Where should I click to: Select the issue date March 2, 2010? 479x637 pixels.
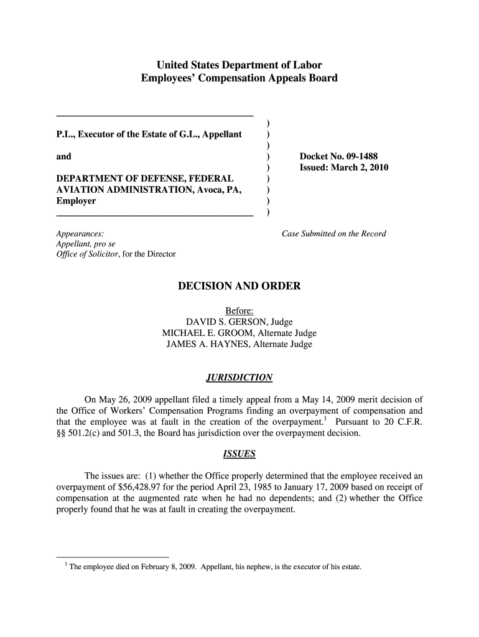click(x=362, y=168)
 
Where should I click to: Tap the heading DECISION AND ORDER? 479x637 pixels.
click(x=240, y=286)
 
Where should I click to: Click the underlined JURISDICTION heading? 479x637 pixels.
click(x=239, y=378)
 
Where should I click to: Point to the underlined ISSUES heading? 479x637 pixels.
click(x=239, y=454)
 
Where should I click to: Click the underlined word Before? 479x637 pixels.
click(x=240, y=311)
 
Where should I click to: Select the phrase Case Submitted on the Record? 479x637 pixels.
click(x=334, y=234)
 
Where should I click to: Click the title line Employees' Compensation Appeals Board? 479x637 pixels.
click(x=240, y=78)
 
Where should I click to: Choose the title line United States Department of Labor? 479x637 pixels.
click(x=240, y=65)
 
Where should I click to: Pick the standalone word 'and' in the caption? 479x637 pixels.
click(x=63, y=157)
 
